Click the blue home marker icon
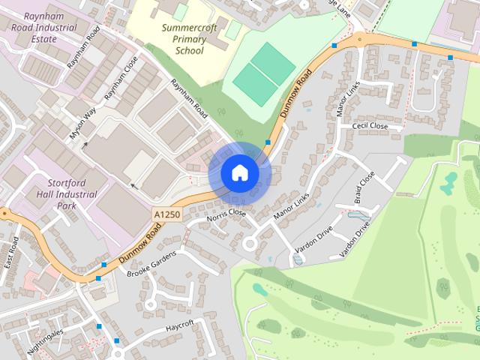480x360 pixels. (x=239, y=173)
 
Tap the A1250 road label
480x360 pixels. (x=166, y=213)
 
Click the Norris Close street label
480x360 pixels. (x=226, y=214)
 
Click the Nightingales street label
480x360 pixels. (x=46, y=340)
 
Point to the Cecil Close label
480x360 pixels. (x=370, y=126)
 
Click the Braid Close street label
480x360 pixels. (x=366, y=187)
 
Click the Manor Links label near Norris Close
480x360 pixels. (x=291, y=207)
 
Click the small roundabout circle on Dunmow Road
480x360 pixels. (x=359, y=37)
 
